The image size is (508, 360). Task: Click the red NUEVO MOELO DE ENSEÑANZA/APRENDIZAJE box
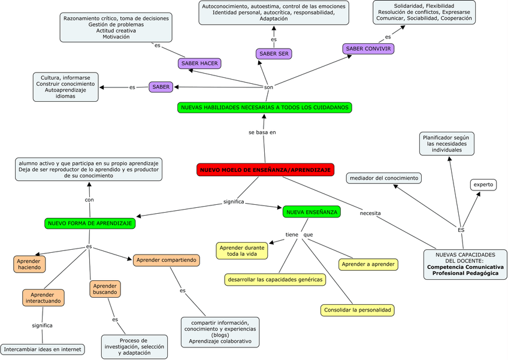point(265,170)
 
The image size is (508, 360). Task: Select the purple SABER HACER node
point(199,63)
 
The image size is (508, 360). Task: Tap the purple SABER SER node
point(274,54)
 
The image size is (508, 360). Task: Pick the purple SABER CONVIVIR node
point(368,49)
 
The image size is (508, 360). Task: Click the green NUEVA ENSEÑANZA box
point(312,211)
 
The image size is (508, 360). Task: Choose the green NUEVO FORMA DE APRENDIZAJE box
point(90,223)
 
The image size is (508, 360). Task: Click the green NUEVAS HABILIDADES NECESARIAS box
point(264,108)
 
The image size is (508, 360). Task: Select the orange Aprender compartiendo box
point(166,260)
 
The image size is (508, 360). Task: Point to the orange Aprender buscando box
point(105,289)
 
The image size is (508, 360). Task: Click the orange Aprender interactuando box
point(43,298)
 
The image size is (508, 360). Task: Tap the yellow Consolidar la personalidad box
point(357,310)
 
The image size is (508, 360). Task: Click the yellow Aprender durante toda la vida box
point(242,250)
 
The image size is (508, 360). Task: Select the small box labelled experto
point(483,184)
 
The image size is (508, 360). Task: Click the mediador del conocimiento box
point(383,178)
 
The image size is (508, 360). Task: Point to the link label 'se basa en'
point(262,132)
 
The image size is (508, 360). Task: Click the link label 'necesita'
point(370,213)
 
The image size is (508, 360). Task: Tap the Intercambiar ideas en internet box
point(43,349)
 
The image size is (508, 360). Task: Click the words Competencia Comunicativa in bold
point(465,267)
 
